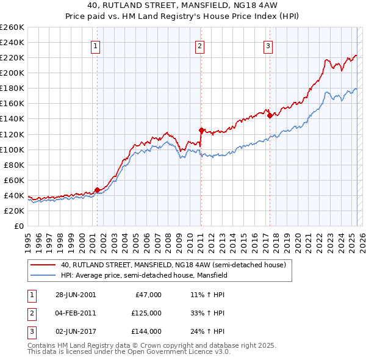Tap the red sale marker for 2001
(97, 190)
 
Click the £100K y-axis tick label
(12, 149)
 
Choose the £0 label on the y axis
(19, 226)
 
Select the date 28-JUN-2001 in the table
(76, 295)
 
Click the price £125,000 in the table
(146, 313)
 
